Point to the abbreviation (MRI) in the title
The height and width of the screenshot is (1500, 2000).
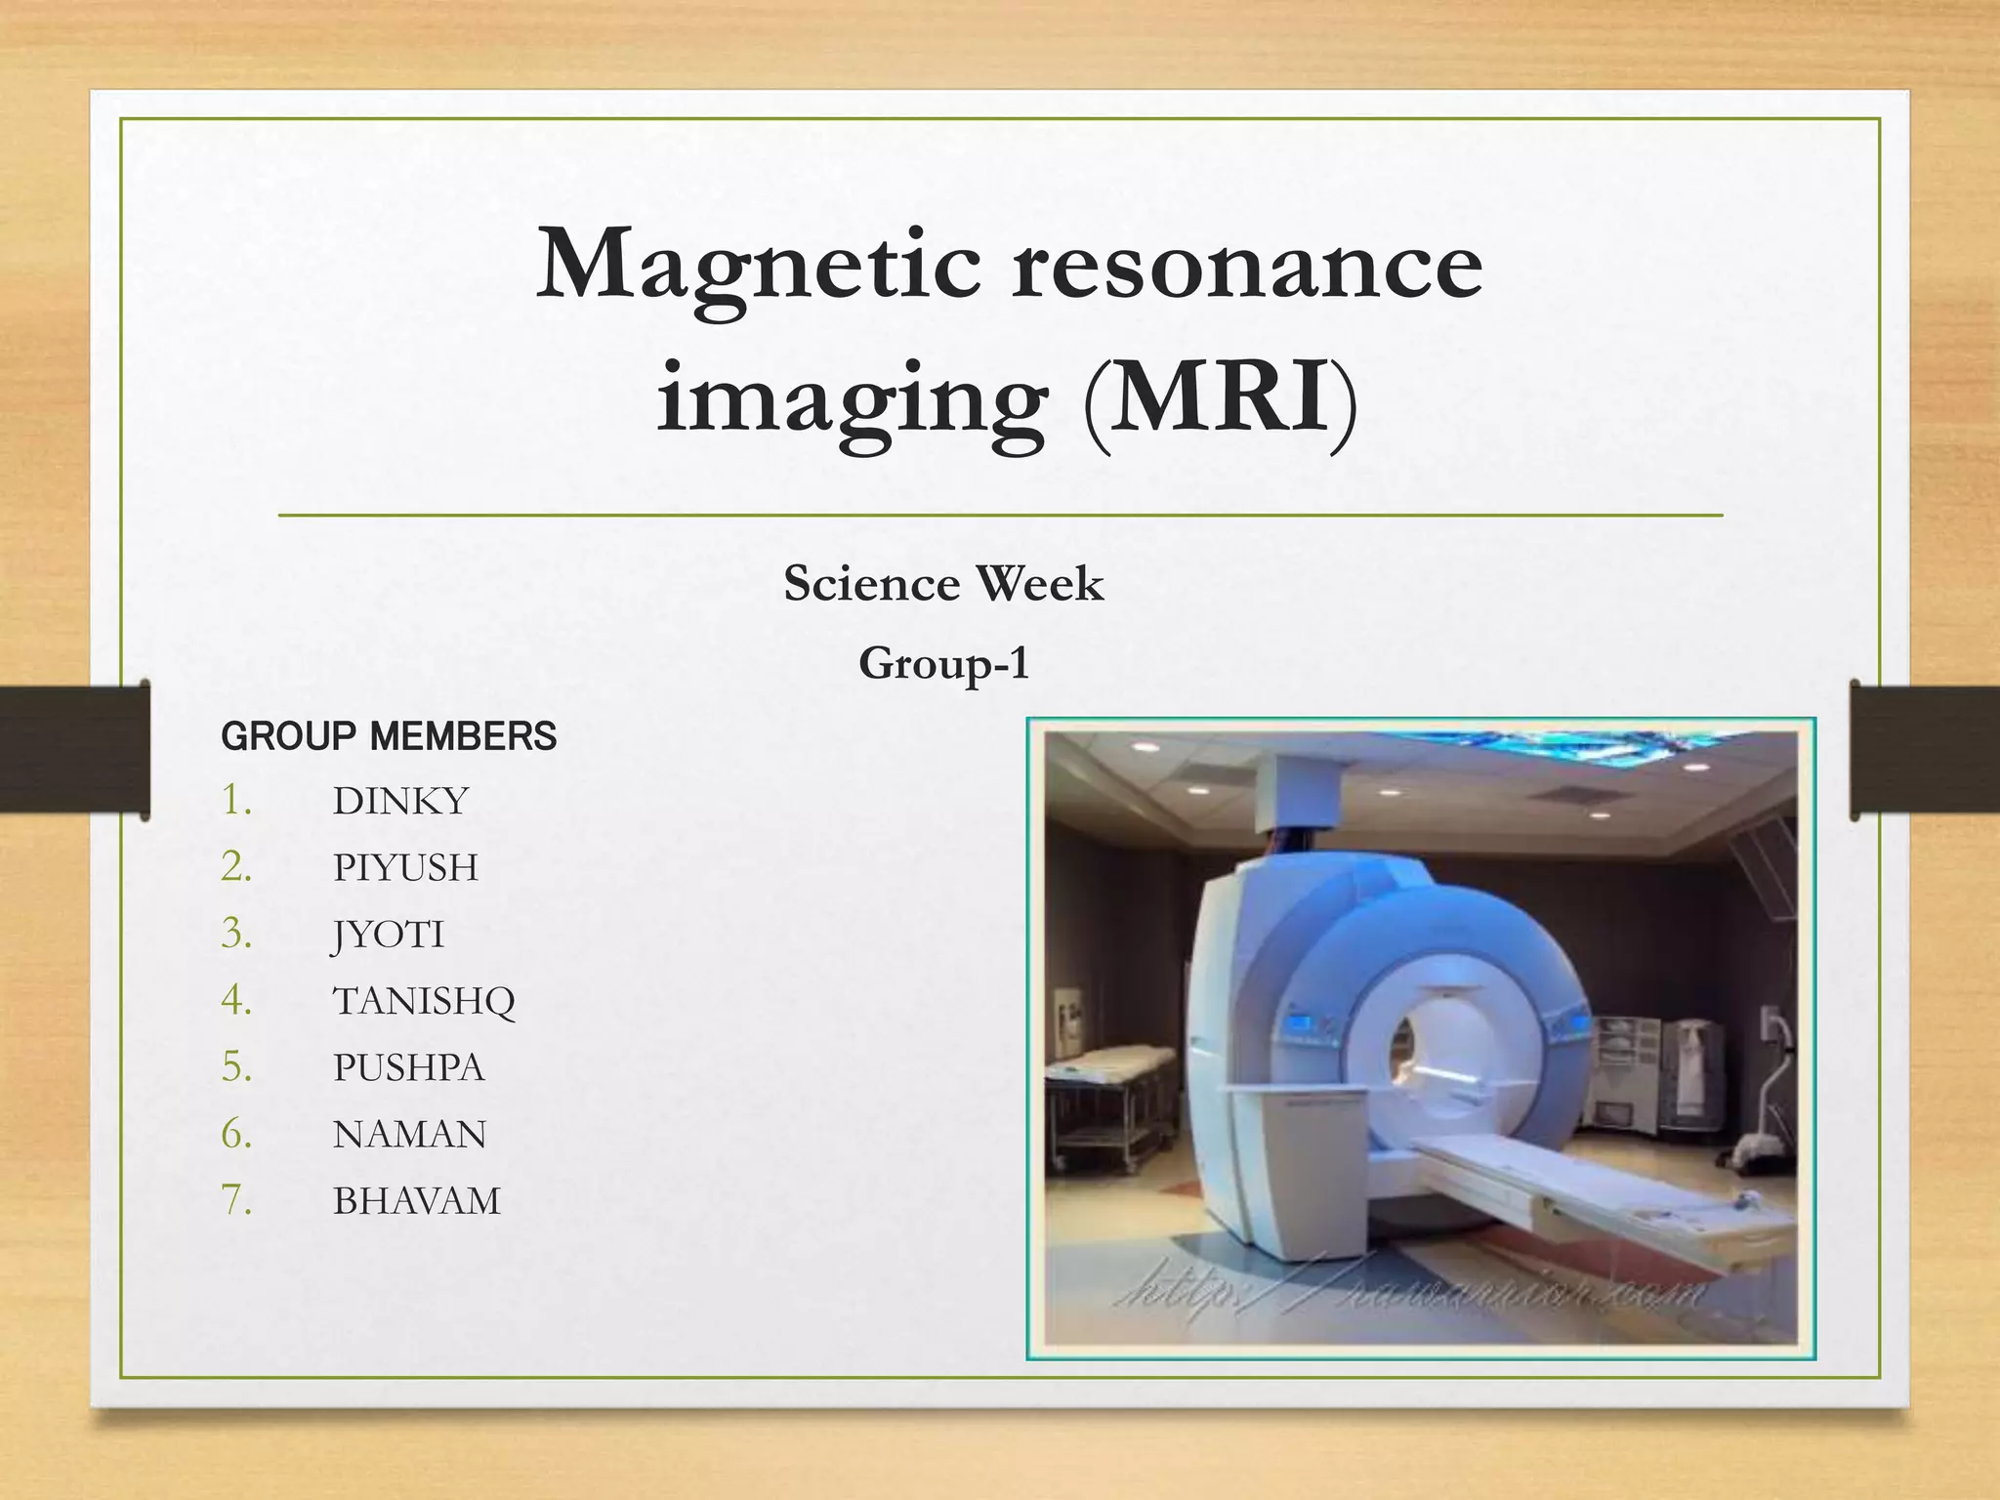[x=1220, y=398]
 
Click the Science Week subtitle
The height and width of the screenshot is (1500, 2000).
[x=943, y=584]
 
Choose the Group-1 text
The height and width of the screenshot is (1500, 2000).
[x=943, y=664]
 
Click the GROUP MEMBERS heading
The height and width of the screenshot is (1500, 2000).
[x=389, y=736]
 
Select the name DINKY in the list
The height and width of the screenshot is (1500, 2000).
[x=400, y=802]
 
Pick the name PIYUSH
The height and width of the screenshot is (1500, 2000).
[x=405, y=868]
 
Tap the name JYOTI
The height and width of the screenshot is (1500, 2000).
[x=389, y=935]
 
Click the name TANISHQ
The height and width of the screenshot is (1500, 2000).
[x=424, y=1001]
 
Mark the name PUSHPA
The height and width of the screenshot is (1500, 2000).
[x=408, y=1067]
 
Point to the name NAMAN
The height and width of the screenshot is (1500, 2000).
[x=409, y=1135]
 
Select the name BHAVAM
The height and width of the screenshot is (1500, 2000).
[x=416, y=1201]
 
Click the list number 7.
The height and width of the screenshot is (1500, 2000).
[x=236, y=1200]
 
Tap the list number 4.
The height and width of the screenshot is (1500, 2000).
[x=236, y=1000]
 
